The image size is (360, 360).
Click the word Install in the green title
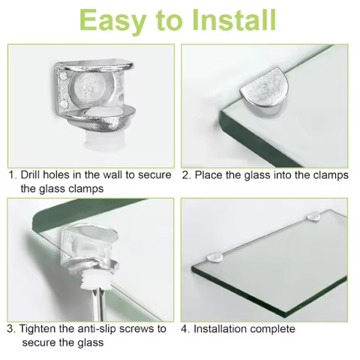coord(234,20)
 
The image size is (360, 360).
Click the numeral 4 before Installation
coord(184,329)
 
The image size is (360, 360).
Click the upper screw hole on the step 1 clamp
coord(64,76)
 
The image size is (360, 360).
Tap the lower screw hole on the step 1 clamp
coord(64,104)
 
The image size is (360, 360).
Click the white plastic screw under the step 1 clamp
coord(103,141)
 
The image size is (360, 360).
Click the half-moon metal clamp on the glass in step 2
coord(265,89)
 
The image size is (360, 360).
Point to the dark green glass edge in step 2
coord(257,140)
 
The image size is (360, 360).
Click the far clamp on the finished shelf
coord(313,217)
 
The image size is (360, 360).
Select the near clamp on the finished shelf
coord(214,257)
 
